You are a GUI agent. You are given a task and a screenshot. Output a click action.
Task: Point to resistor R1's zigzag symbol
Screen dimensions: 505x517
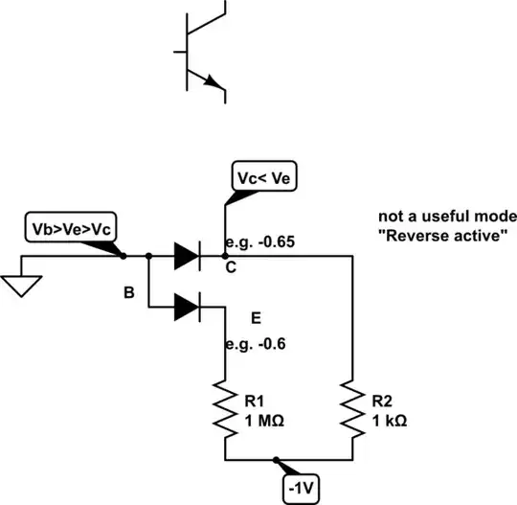click(225, 406)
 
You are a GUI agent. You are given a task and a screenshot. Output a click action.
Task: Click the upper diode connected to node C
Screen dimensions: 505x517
click(188, 256)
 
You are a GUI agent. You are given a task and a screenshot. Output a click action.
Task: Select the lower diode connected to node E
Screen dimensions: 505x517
click(188, 308)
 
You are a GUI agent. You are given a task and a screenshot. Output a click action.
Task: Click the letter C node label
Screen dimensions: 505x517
click(231, 269)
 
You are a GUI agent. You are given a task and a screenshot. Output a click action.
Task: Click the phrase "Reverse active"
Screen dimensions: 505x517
click(441, 236)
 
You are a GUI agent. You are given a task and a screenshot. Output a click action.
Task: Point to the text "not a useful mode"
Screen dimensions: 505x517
click(447, 216)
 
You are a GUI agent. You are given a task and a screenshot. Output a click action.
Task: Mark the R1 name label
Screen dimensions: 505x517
click(258, 402)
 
